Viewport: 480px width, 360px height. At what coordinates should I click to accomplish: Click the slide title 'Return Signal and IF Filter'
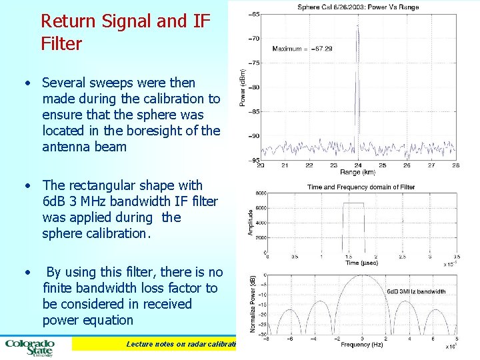pyautogui.click(x=125, y=33)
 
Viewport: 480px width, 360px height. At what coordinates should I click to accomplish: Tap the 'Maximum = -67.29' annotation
pyautogui.click(x=302, y=49)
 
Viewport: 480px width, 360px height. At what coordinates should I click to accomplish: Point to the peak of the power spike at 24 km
pyautogui.click(x=358, y=27)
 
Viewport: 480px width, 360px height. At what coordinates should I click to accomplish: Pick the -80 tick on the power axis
pyautogui.click(x=254, y=87)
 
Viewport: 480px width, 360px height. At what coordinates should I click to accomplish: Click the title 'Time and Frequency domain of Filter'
pyautogui.click(x=361, y=187)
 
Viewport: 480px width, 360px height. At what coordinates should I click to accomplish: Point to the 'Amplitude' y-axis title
pyautogui.click(x=251, y=221)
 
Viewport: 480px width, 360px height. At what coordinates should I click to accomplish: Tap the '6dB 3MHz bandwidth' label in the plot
pyautogui.click(x=417, y=291)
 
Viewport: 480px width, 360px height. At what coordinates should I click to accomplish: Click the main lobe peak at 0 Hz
pyautogui.click(x=361, y=275)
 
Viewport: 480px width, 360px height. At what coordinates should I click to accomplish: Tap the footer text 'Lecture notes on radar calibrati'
pyautogui.click(x=182, y=344)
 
